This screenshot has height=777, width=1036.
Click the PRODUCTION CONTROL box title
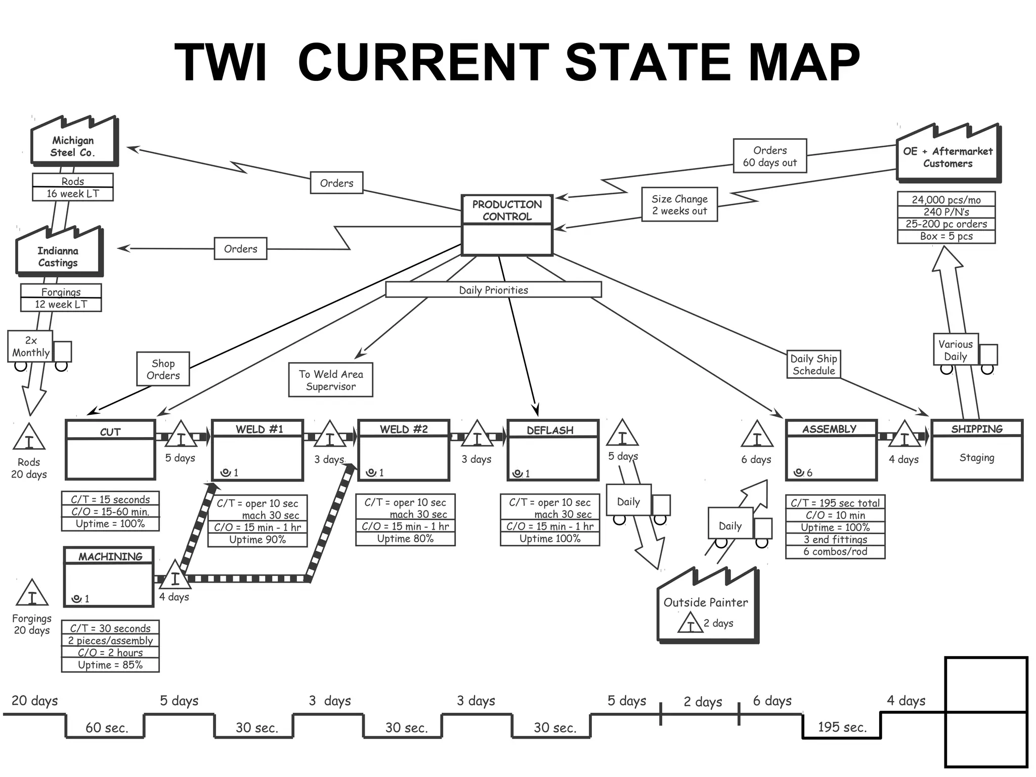point(506,210)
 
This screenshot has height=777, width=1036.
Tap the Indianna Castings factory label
point(58,256)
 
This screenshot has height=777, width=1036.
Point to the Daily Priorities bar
point(493,290)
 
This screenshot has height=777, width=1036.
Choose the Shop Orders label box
point(163,369)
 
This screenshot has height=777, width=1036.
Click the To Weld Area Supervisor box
point(331,380)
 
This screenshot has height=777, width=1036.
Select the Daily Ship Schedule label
point(813,365)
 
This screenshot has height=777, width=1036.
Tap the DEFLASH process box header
point(552,430)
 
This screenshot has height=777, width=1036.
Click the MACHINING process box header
point(110,556)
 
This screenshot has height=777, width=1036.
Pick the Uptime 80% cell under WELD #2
point(405,539)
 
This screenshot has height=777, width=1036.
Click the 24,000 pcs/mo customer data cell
point(946,199)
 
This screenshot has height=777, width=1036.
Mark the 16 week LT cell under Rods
point(73,194)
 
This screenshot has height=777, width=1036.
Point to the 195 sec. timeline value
point(842,727)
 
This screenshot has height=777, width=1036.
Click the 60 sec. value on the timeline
point(107,728)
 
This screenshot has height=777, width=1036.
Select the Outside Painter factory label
point(705,602)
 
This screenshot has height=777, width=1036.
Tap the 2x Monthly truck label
point(31,347)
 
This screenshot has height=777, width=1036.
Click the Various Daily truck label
point(955,350)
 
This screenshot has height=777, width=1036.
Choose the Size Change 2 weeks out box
point(679,205)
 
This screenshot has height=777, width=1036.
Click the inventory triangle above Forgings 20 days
point(32,594)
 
